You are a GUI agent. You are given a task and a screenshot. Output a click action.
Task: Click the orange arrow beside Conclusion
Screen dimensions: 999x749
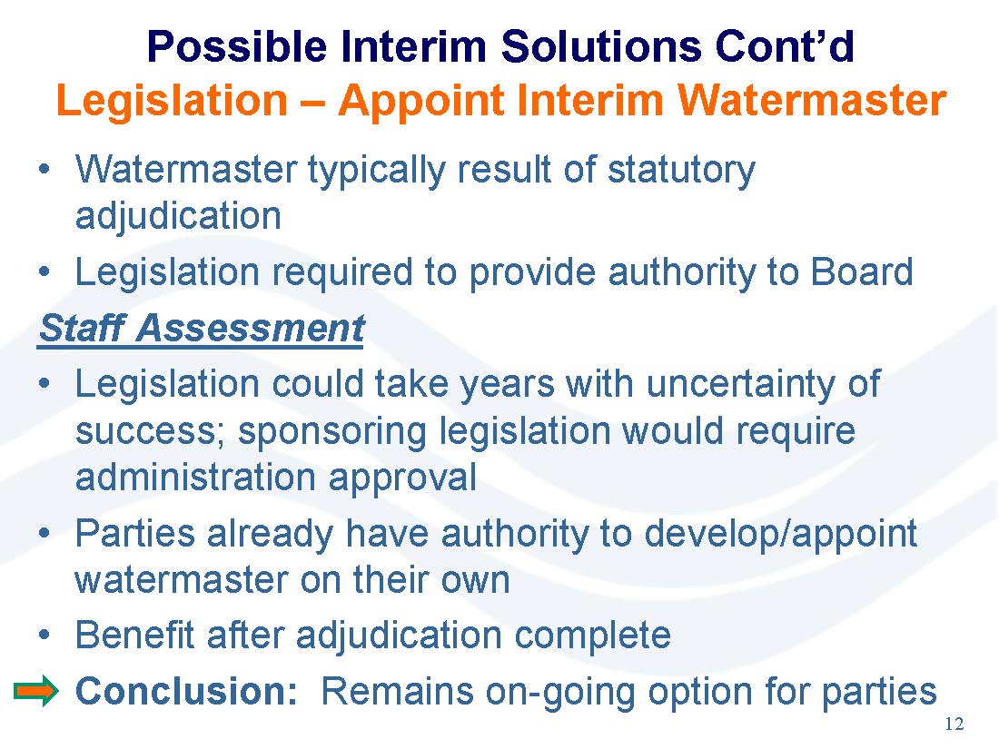pos(35,691)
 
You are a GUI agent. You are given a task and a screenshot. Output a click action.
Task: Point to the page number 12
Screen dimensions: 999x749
pos(954,724)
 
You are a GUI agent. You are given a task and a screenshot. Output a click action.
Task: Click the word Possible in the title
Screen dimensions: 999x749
pos(237,46)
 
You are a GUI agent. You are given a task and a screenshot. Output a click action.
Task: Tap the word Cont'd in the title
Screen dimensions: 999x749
pos(785,46)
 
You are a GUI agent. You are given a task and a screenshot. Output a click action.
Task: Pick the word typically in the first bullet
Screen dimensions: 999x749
pos(377,171)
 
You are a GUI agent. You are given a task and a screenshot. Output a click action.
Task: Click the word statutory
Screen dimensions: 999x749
pos(681,171)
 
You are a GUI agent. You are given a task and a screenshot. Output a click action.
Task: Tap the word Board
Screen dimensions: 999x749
pos(861,272)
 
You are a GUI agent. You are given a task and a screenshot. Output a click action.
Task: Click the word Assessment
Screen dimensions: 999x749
pos(250,329)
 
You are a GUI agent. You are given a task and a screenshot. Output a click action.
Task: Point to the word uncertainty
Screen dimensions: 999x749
pos(742,384)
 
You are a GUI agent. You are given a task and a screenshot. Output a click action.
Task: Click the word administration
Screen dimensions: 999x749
pos(195,478)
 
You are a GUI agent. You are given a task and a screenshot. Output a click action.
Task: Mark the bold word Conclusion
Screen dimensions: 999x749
pos(187,691)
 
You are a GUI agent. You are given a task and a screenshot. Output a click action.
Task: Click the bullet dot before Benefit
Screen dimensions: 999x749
pos(44,636)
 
